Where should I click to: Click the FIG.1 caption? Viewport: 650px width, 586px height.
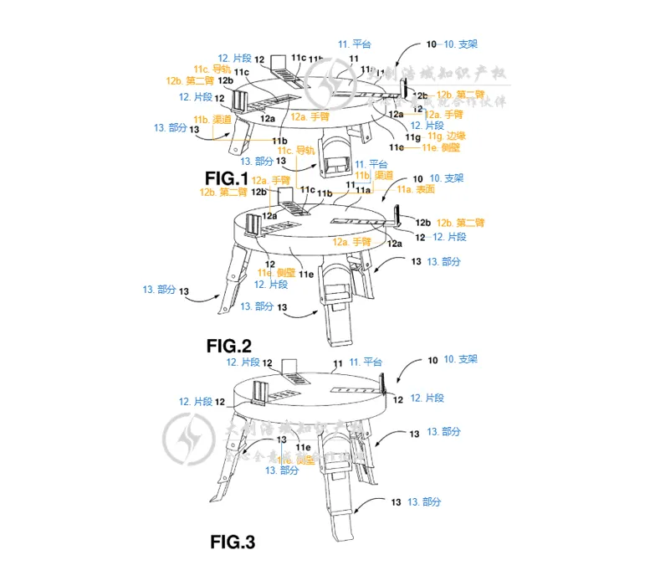[227, 177]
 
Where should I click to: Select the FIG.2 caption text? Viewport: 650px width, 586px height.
[229, 345]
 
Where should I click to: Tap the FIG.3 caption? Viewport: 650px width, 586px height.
[233, 542]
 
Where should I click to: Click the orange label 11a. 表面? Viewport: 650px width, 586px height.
[415, 190]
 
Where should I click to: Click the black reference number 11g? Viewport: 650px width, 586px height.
[410, 136]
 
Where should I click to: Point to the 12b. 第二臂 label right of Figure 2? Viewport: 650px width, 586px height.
[461, 223]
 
